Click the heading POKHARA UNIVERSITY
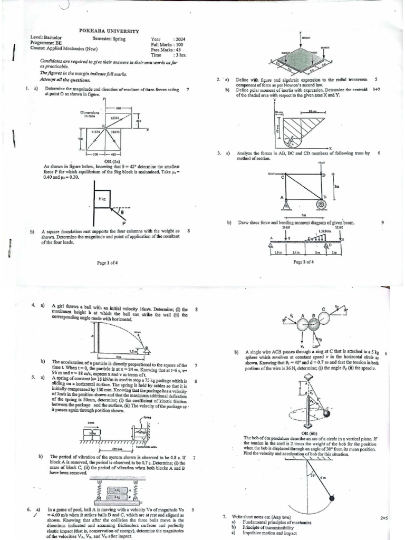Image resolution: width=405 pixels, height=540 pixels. [109, 31]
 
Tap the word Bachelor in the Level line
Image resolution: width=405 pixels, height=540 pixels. [52, 38]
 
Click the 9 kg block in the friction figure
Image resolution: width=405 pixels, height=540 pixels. [103, 198]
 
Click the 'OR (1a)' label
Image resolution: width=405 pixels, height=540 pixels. [114, 161]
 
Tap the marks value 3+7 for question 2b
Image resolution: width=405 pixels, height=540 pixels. [376, 90]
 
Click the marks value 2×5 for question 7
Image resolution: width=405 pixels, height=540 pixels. [384, 518]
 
